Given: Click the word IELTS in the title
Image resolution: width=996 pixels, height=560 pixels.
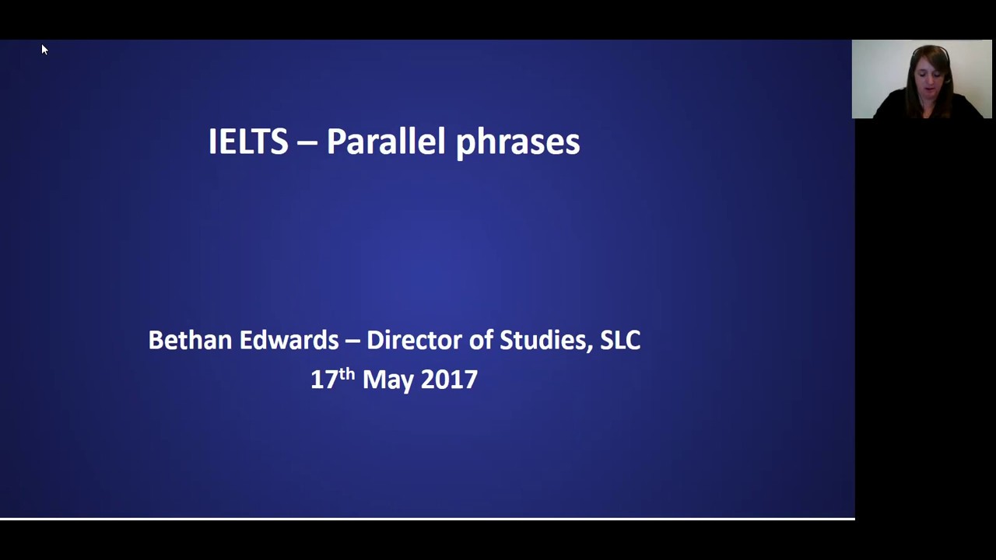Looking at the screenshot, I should [x=247, y=142].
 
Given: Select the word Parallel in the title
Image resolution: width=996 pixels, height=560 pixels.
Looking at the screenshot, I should [x=386, y=142].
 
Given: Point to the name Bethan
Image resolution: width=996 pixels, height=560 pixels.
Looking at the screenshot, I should [x=189, y=340].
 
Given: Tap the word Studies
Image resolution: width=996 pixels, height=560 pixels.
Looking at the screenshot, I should [x=544, y=340].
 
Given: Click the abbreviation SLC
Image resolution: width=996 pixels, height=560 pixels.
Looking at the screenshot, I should [x=620, y=340].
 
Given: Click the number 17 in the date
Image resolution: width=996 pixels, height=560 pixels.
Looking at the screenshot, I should [x=324, y=380].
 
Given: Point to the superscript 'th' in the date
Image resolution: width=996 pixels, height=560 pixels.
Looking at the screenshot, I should [x=347, y=374].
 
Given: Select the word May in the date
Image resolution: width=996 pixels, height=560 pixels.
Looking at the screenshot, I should [x=387, y=380].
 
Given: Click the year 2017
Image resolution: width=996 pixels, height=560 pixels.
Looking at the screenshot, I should [x=449, y=380].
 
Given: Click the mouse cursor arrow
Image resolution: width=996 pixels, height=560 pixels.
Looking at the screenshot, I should [x=44, y=49].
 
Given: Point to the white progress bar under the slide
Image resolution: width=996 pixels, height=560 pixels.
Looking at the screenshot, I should [x=427, y=518].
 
